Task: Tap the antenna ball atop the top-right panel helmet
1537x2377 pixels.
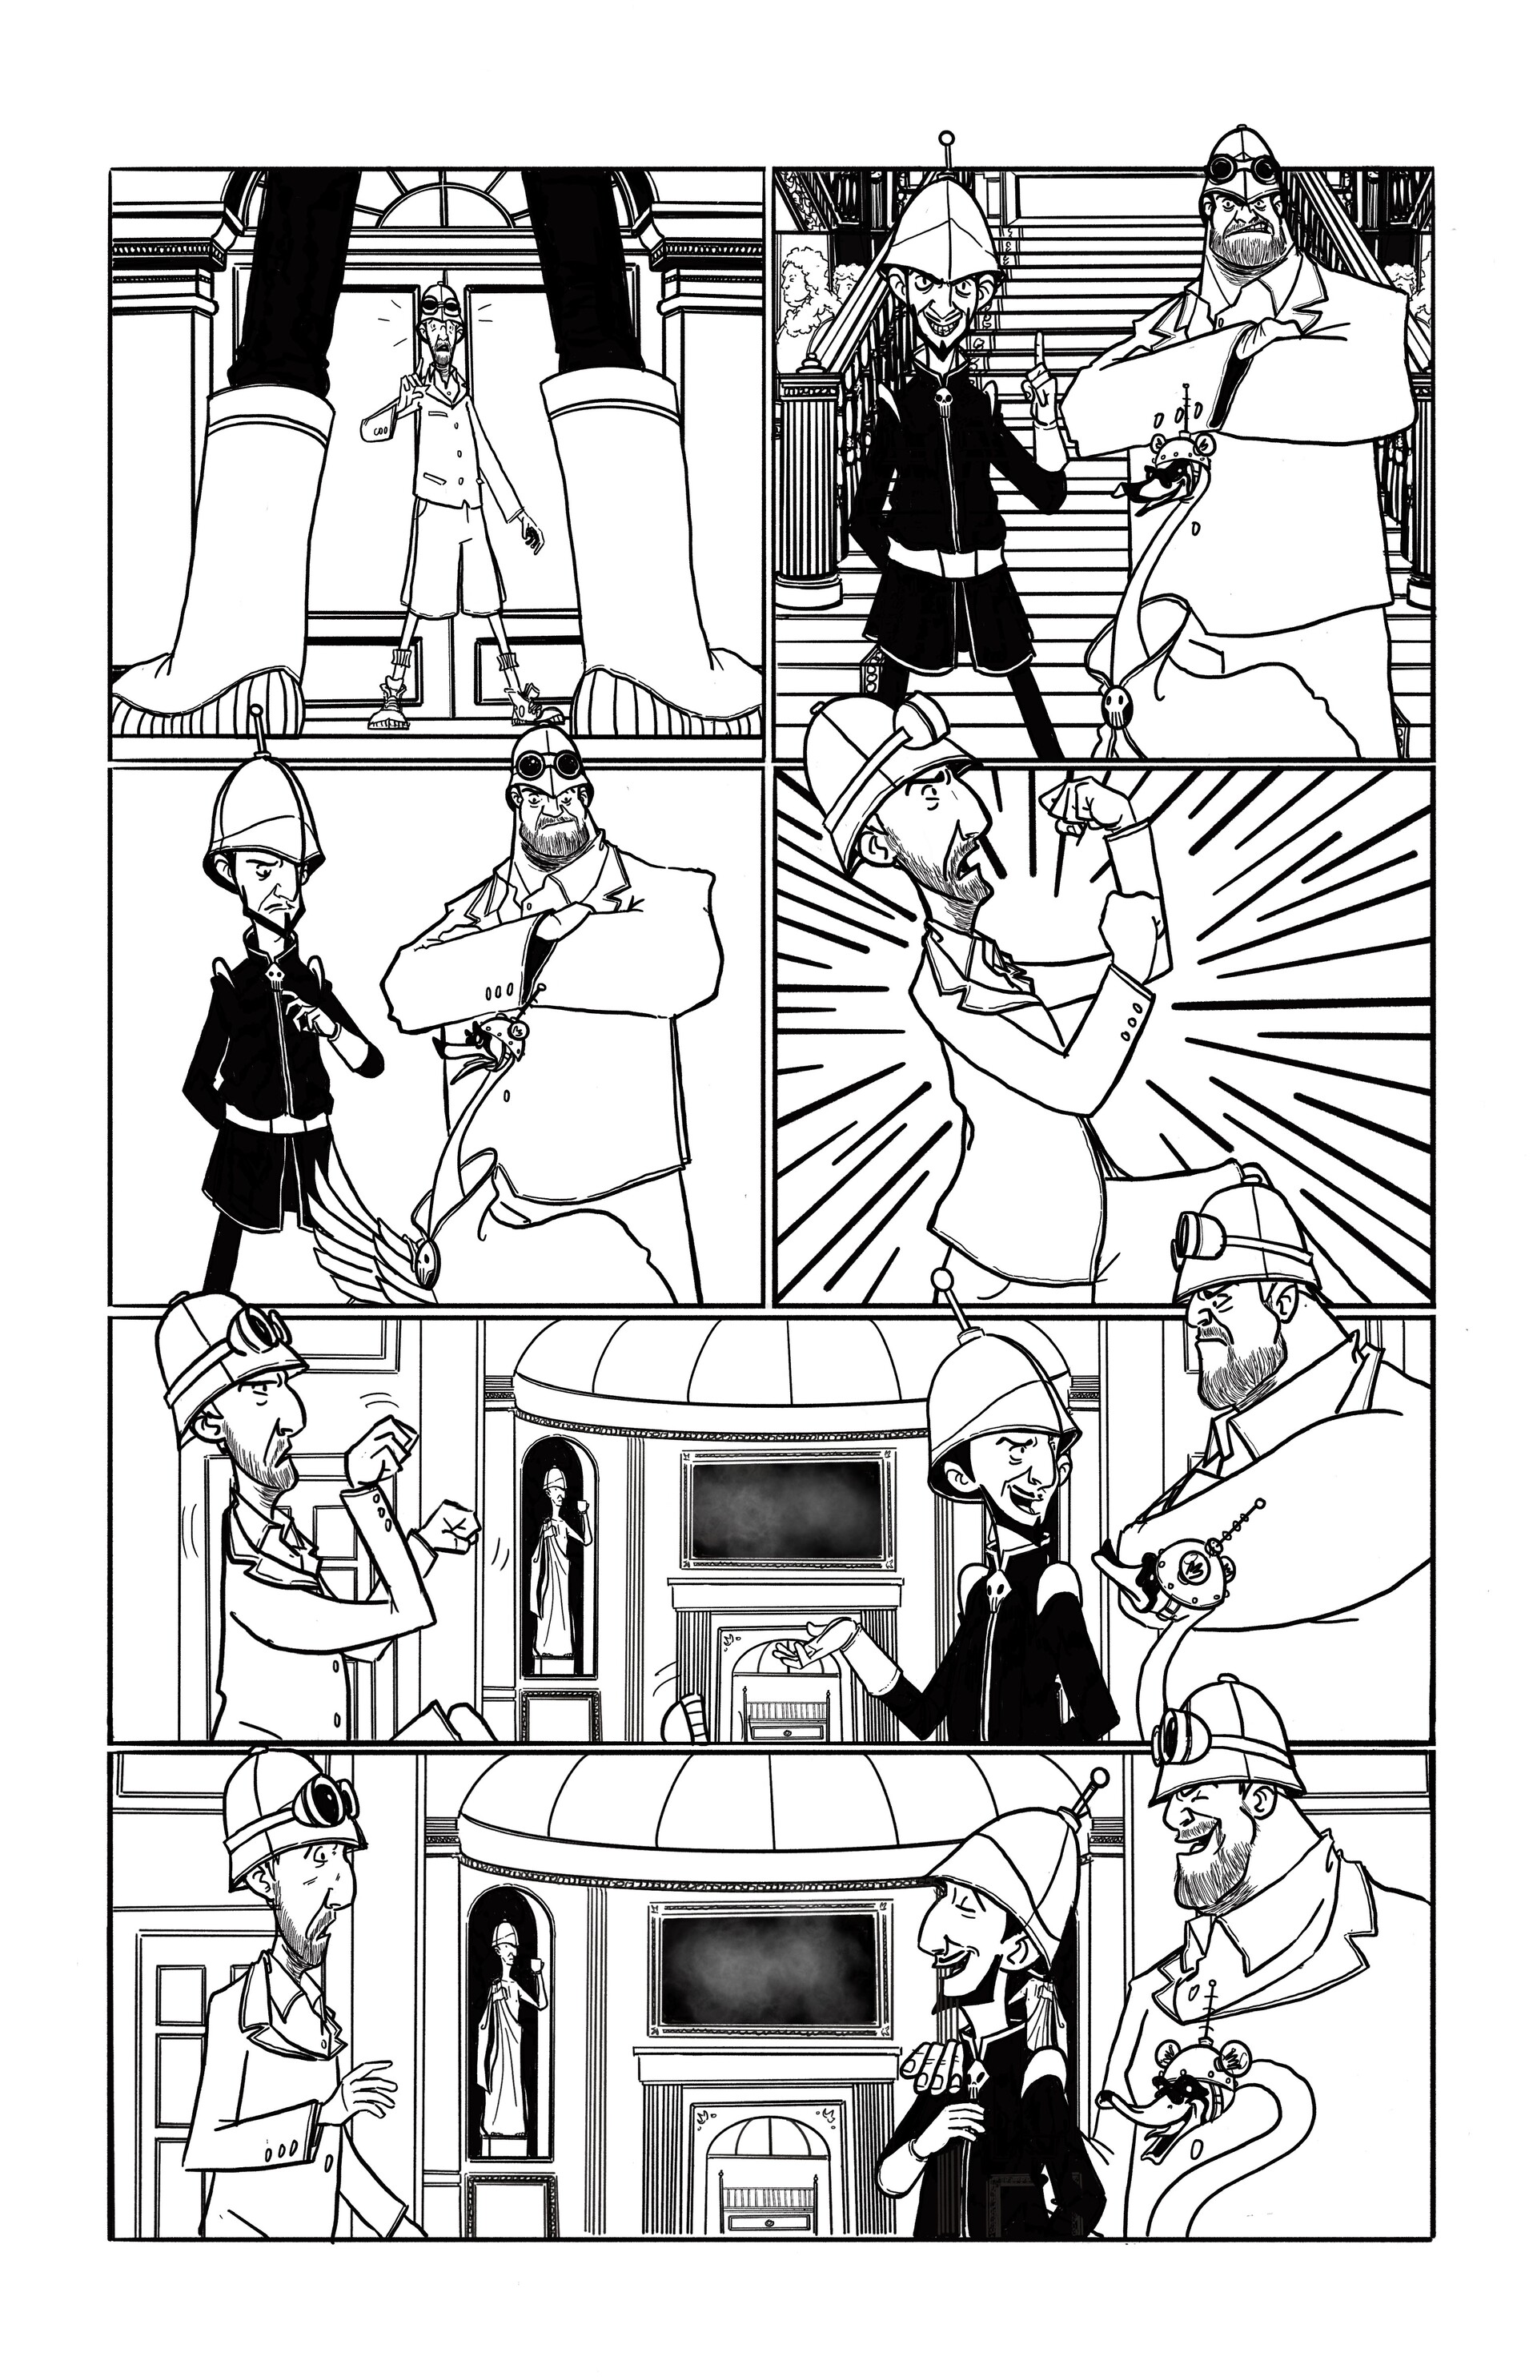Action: (x=947, y=139)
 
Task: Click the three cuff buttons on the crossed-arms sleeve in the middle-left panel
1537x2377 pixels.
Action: (x=500, y=993)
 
